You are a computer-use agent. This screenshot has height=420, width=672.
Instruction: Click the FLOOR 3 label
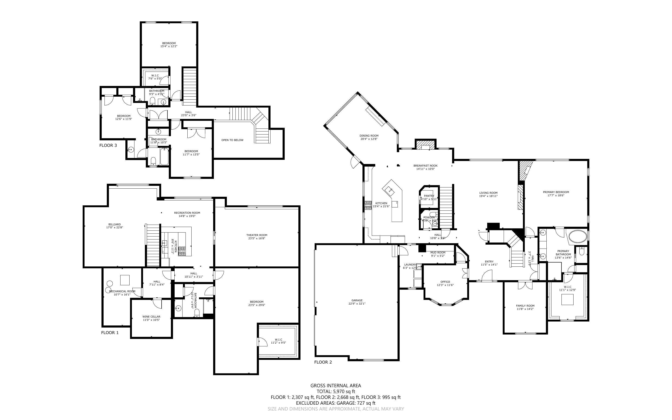click(x=108, y=145)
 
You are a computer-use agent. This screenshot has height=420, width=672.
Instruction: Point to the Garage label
click(x=357, y=300)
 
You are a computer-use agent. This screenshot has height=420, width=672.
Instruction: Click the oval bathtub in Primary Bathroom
click(x=578, y=237)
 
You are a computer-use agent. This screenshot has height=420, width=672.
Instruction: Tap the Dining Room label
click(x=369, y=136)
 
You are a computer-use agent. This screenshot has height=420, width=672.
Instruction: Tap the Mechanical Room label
click(x=122, y=291)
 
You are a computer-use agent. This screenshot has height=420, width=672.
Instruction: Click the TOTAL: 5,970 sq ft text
click(x=336, y=391)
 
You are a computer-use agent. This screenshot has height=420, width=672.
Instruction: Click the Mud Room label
click(x=438, y=253)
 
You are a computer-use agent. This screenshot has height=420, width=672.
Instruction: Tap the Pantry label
click(x=429, y=196)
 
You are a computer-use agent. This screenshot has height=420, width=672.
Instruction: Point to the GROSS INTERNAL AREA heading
click(x=336, y=385)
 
